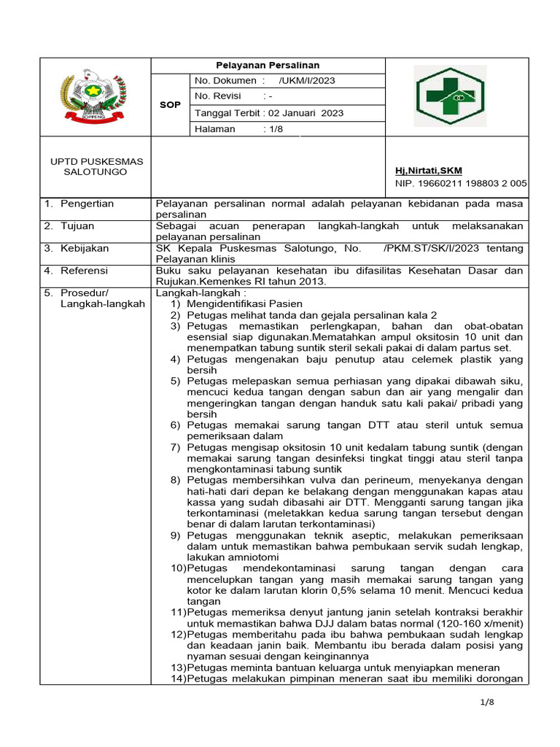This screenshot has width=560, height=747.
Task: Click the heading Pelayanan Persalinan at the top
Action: click(x=267, y=65)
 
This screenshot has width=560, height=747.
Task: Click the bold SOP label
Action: click(x=170, y=104)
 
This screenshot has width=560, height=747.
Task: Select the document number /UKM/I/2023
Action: click(x=307, y=81)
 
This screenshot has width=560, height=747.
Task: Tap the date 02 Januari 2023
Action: click(x=306, y=113)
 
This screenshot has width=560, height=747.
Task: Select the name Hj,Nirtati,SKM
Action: click(x=428, y=171)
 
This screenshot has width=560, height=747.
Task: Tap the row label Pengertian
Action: click(x=87, y=204)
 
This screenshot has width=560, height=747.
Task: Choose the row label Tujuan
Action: click(x=77, y=226)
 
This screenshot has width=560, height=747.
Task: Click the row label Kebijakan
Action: click(x=83, y=249)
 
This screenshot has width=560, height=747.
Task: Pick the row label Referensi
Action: click(x=84, y=271)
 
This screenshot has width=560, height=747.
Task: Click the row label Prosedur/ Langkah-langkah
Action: click(x=102, y=298)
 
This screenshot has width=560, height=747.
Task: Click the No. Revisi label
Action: click(x=217, y=97)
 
